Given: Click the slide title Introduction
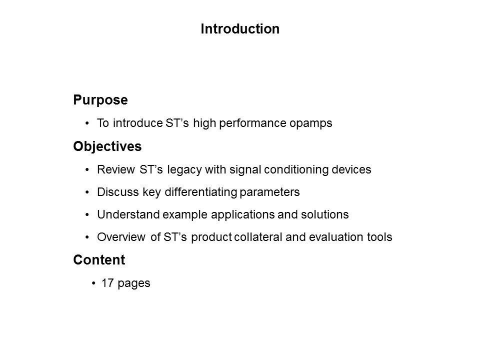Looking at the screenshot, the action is [240, 29].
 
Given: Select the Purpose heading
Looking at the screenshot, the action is [100, 100].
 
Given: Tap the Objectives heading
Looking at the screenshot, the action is [107, 146].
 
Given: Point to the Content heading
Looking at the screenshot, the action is [99, 260].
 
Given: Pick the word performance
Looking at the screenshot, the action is [253, 123].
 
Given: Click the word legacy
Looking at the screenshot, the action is [184, 170].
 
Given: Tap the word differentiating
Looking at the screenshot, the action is [201, 192].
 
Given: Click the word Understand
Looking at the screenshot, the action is [128, 214].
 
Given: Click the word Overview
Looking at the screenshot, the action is [121, 237].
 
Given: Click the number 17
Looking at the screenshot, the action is [108, 283].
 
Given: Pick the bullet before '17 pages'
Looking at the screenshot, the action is [93, 284].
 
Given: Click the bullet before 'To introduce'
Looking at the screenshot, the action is [87, 123].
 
